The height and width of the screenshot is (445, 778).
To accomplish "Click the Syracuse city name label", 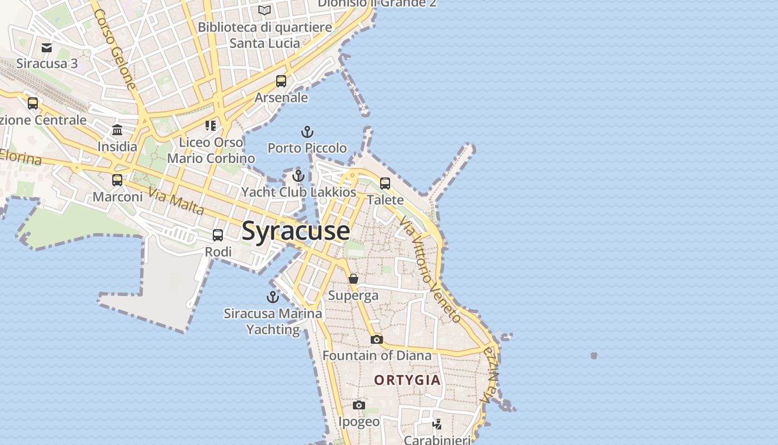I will click(296, 231).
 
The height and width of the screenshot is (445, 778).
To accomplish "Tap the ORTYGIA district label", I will click(407, 380).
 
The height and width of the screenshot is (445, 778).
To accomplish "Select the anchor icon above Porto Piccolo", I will click(307, 132).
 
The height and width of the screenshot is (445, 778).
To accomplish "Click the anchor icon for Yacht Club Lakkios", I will click(298, 176).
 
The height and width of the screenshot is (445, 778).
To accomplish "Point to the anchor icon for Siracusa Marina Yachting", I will click(273, 297).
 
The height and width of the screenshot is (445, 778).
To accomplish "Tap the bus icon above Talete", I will click(385, 184).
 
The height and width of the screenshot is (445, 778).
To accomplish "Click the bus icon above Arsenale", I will click(281, 81).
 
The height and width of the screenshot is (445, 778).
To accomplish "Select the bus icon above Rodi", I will click(218, 235).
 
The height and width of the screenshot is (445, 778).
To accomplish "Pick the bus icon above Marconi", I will click(117, 180).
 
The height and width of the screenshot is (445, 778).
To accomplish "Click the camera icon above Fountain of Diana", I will click(376, 339).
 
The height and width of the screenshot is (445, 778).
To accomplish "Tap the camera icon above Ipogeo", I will click(359, 406).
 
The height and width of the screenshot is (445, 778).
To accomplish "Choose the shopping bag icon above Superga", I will click(353, 279).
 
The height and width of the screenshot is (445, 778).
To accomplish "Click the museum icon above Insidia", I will click(117, 131).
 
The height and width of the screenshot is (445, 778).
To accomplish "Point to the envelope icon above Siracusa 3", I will click(47, 48).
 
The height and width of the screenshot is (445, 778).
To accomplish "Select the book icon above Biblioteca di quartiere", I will click(265, 11).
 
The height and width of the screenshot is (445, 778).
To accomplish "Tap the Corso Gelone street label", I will click(115, 48).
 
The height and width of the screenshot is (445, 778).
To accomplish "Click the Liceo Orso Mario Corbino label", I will click(211, 150).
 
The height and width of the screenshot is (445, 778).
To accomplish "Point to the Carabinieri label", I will click(437, 440).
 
